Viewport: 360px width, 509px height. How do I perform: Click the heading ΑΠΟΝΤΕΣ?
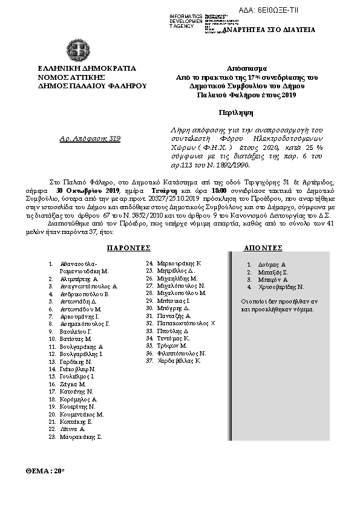(x=263, y=248)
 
